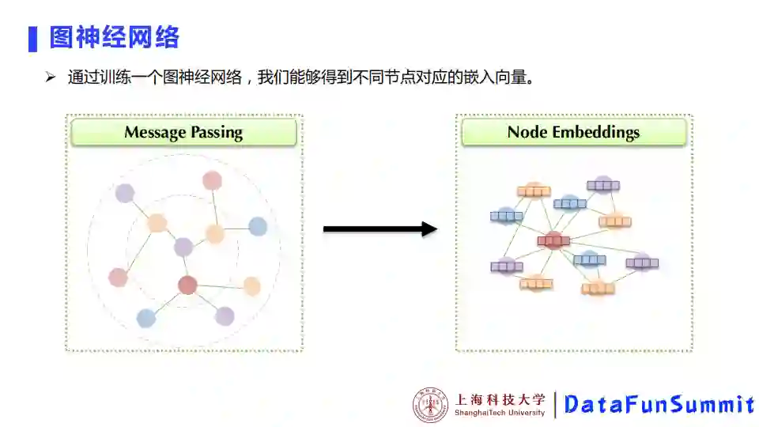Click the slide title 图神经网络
[x=115, y=37]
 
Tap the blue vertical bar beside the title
[x=32, y=38]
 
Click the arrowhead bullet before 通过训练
[x=50, y=77]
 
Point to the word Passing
[x=216, y=133]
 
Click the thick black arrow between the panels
[x=379, y=229]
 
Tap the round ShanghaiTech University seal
[x=430, y=405]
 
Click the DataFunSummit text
[x=659, y=405]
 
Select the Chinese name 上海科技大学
[x=500, y=399]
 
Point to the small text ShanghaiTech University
[x=500, y=413]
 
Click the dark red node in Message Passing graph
[x=187, y=285]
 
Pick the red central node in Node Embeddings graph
[x=553, y=240]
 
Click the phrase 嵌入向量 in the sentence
[x=496, y=77]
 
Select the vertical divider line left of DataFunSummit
[x=555, y=405]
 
